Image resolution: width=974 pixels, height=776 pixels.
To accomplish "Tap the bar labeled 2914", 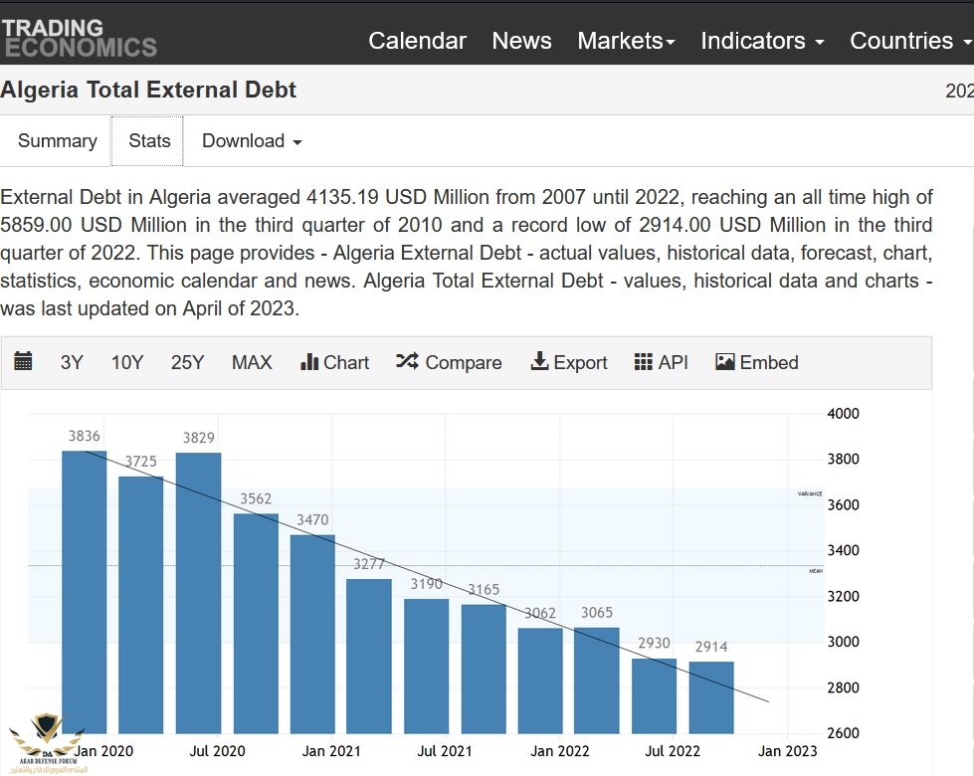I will coord(711,697).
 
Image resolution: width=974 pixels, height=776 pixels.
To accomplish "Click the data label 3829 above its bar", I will coord(199,437).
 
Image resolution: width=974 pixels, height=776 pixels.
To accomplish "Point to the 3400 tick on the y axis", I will coord(844,550).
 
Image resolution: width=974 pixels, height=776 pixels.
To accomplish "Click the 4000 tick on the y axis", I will coord(844,414).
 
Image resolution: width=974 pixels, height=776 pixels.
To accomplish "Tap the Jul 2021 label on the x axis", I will coord(445,751).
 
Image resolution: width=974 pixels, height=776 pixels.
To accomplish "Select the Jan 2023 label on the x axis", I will coord(788,751).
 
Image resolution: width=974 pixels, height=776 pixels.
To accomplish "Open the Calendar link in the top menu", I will coord(417,41).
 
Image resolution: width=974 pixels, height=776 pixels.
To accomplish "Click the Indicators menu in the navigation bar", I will coord(762,41).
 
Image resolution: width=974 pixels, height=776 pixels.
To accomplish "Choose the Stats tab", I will coord(149,141).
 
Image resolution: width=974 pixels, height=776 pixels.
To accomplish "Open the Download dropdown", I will coord(251,141).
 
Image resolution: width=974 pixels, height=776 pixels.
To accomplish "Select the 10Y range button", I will coord(127,362).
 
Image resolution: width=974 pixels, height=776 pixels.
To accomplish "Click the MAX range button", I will coord(252,362).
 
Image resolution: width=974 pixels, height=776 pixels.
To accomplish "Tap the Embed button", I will coord(757,362).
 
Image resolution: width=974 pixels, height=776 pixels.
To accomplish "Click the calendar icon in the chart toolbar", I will coord(24,361).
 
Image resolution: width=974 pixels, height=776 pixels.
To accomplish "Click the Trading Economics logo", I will coord(79,37).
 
